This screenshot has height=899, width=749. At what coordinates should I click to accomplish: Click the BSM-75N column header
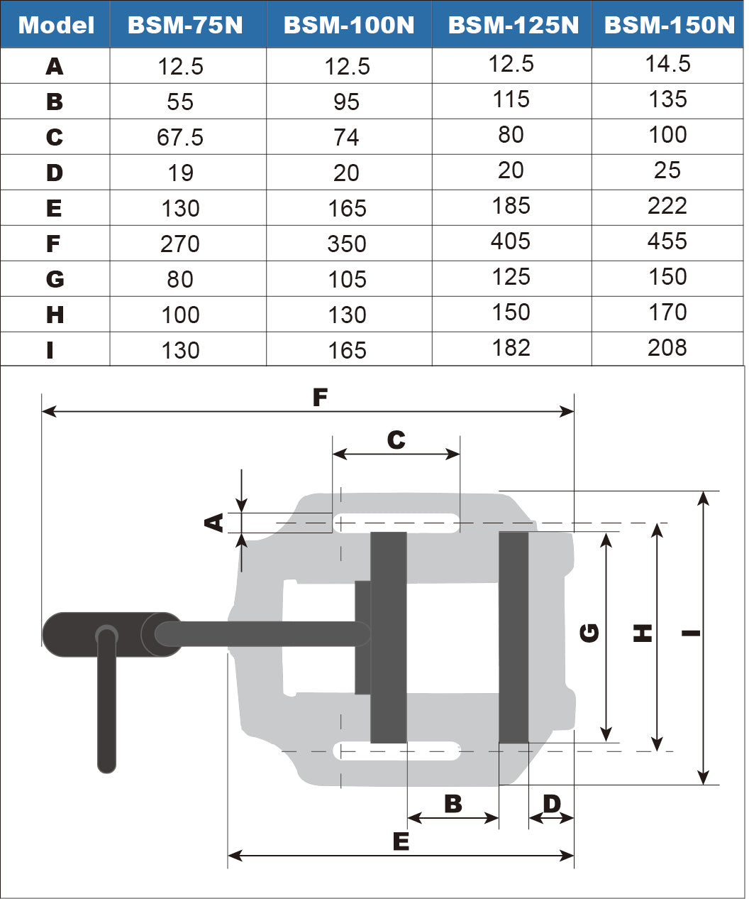tap(185, 26)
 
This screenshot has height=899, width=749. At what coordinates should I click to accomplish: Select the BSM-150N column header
tap(670, 26)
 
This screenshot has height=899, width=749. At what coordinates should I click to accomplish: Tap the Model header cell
tap(56, 26)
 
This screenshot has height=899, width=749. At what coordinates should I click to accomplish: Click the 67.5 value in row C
tap(180, 137)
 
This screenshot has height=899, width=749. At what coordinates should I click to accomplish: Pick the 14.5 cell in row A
tap(667, 64)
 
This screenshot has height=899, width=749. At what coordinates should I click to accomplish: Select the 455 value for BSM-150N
tap(667, 241)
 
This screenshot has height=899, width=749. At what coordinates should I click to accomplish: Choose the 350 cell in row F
tap(347, 244)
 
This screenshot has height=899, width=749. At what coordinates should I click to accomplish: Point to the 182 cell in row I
tap(511, 348)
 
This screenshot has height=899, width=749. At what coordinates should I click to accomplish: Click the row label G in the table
tap(55, 279)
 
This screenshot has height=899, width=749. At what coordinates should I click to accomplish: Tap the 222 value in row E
tap(667, 206)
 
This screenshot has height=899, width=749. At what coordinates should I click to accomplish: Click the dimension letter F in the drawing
tap(320, 398)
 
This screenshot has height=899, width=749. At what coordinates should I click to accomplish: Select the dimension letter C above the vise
tap(396, 440)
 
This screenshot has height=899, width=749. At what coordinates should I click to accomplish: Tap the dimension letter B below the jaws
tap(453, 804)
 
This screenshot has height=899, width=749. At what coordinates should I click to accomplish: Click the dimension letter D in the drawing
tap(551, 804)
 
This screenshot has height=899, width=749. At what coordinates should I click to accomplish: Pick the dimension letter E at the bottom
tap(401, 841)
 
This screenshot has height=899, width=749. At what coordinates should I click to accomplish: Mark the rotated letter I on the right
tap(692, 632)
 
